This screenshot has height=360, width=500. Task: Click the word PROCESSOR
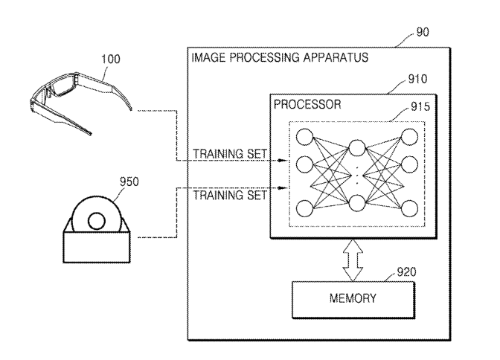point(308,106)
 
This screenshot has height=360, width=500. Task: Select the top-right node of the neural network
point(409,137)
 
